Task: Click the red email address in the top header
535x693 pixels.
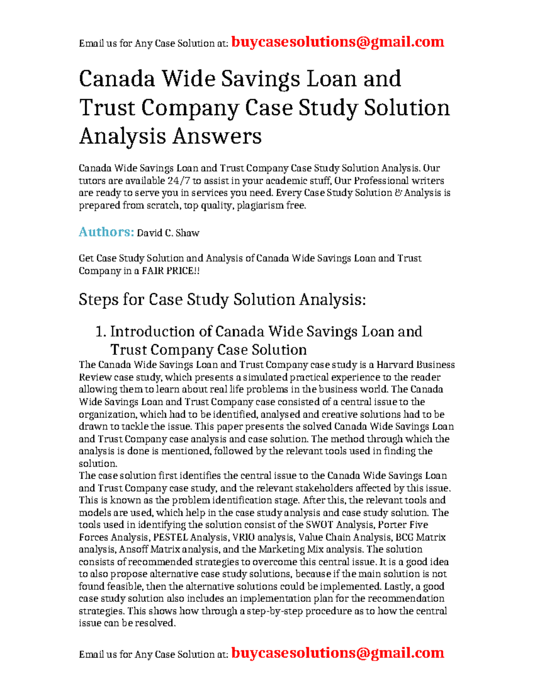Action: [x=338, y=42]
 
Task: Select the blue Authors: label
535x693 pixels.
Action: [x=106, y=232]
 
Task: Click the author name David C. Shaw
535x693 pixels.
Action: [x=168, y=233]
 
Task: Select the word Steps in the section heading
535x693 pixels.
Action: [x=98, y=299]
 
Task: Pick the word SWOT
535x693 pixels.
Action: [x=320, y=525]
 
